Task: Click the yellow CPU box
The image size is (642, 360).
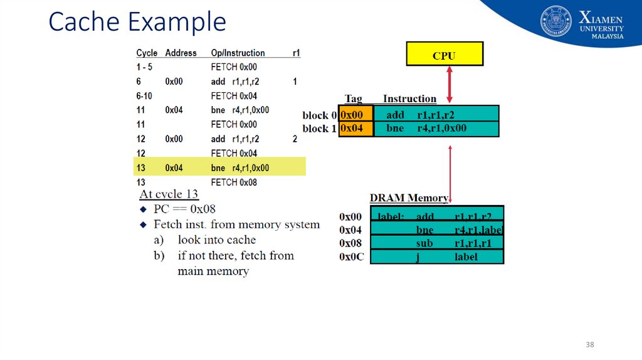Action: [x=445, y=54]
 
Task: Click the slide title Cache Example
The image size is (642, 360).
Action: [x=137, y=22]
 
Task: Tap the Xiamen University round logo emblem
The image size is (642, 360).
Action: [x=556, y=21]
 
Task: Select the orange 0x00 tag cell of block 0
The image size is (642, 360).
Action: [x=355, y=114]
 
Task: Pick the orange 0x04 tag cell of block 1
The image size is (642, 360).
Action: [x=355, y=129]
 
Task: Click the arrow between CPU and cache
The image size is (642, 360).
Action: [x=449, y=85]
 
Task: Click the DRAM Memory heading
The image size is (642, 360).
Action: [x=409, y=198]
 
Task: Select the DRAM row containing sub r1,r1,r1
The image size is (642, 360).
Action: [x=437, y=243]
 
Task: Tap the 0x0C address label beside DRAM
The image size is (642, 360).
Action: [x=352, y=257]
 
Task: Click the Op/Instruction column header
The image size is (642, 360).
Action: [x=238, y=53]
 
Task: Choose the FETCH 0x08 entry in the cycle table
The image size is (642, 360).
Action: [x=233, y=183]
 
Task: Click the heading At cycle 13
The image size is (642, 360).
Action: [x=169, y=194]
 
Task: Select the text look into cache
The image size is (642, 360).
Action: [x=216, y=240]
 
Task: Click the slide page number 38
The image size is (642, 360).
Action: [x=589, y=345]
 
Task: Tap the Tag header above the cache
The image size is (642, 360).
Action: [x=354, y=99]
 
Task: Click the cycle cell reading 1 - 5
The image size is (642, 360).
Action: [x=144, y=67]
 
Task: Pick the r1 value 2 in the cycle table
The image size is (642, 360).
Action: [x=295, y=139]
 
